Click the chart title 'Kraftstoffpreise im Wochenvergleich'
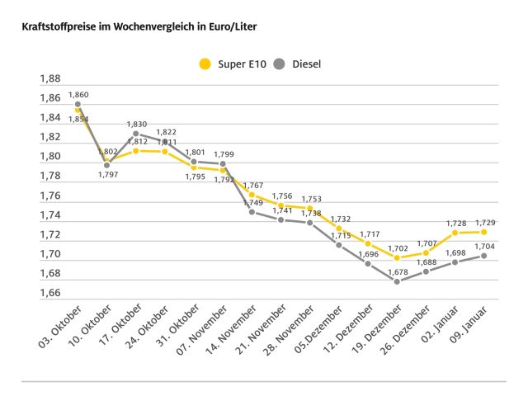coord(132,27)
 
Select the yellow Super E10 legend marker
coord(205,63)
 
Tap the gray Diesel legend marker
coord(280,63)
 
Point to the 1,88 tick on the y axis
coord(50,79)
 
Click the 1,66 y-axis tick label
coord(50,293)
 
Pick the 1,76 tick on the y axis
coord(50,196)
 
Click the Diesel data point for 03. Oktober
coord(78,105)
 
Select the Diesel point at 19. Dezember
coord(397,281)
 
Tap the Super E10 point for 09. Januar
coord(484,232)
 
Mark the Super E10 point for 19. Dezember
coord(397,258)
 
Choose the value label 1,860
coord(78,96)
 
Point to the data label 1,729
coord(484,223)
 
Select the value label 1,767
coord(252,186)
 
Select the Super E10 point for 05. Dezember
coord(339,229)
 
